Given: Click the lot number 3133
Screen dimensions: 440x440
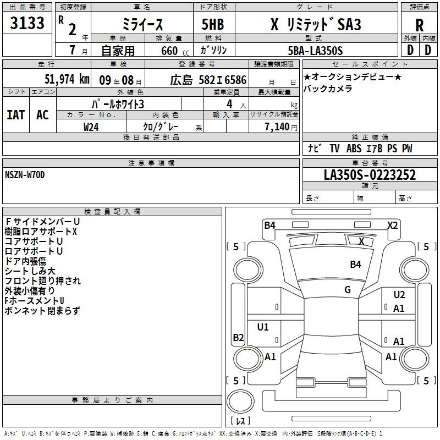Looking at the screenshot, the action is click(27, 23).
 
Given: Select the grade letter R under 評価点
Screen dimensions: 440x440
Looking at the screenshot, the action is click(419, 25).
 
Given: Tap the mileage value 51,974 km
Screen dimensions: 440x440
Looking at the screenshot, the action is click(67, 79).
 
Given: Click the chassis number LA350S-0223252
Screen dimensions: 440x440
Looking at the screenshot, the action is click(370, 175).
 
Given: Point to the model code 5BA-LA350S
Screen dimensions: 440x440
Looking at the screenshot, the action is click(315, 51).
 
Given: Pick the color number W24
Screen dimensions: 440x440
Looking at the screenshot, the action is click(91, 127).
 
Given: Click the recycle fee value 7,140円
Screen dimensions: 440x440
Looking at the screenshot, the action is click(281, 127).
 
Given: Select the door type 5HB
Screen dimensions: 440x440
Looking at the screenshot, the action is click(213, 24).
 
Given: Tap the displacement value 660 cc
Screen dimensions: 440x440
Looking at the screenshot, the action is click(175, 51).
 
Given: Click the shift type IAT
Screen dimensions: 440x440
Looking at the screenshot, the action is click(16, 115).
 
